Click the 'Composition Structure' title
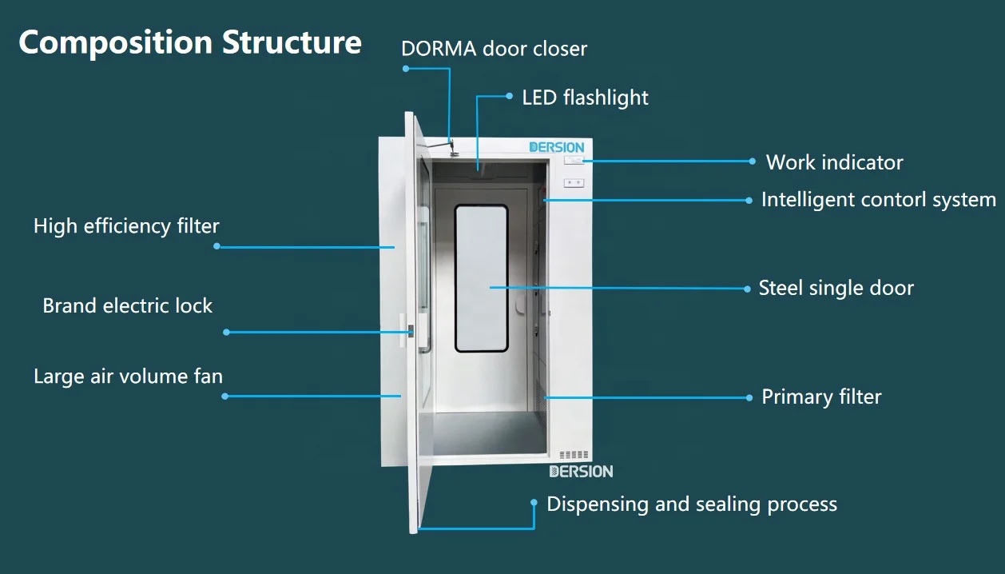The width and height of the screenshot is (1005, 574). point(190,42)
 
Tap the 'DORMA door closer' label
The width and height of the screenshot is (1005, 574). point(494,49)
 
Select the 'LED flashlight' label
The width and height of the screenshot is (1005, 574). point(585,98)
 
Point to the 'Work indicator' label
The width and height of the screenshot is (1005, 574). point(834,162)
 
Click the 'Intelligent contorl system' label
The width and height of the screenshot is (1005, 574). point(878,199)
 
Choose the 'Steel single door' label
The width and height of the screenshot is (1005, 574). point(836,288)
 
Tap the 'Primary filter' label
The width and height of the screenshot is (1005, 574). point(821,397)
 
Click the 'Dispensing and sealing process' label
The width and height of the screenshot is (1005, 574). point(692,504)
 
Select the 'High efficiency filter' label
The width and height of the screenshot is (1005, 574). point(126,226)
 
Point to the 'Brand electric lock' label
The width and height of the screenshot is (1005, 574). point(128,305)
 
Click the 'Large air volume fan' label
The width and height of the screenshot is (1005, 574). point(128,376)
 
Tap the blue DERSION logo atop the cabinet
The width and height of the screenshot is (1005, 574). point(557,147)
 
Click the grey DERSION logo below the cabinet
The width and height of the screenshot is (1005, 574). point(581,472)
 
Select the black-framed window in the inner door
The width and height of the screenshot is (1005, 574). point(481,278)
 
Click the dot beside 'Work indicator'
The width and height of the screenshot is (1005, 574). point(752,161)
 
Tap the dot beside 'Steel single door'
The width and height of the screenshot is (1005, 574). point(748,288)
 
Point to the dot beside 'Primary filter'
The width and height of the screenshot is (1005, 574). point(749,397)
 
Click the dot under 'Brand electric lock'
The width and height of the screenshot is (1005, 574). point(226,332)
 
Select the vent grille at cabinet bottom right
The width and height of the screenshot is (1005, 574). point(574,455)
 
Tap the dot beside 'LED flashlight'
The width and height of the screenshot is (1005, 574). point(510,96)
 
